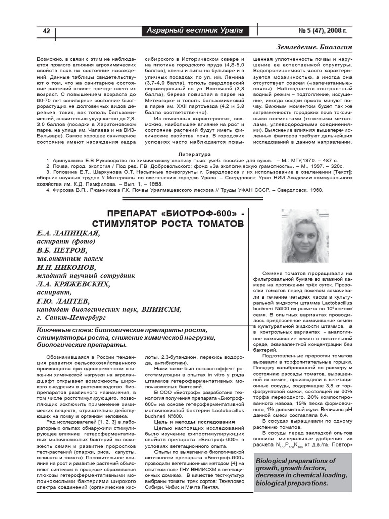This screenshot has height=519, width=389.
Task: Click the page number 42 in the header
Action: coord(46,31)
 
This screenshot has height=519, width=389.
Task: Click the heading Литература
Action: coord(194,154)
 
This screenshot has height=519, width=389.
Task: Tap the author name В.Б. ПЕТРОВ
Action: coord(62,250)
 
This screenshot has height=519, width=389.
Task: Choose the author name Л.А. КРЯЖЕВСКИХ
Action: coord(73,284)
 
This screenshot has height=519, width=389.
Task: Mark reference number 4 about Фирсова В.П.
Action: coord(48,190)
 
